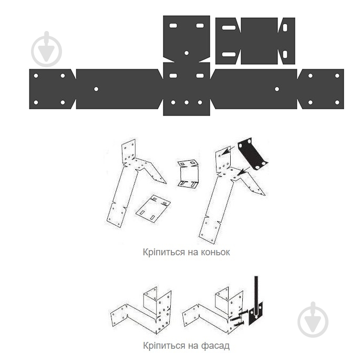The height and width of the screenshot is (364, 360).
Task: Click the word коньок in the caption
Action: [215, 252]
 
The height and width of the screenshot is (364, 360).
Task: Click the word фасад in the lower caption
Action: [215, 346]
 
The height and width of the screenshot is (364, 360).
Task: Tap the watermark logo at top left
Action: [47, 49]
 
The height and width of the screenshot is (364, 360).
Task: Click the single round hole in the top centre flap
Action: [187, 53]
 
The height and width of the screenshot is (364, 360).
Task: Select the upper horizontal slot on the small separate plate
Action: [229, 28]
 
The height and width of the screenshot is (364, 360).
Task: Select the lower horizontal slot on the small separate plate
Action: [229, 55]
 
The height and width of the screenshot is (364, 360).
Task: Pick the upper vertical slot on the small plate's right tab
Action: [285, 28]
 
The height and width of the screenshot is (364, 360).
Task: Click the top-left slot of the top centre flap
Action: [173, 26]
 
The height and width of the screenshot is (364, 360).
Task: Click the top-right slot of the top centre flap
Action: [200, 26]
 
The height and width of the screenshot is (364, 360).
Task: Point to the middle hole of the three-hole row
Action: [187, 102]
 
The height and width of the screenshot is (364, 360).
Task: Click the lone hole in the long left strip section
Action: [96, 89]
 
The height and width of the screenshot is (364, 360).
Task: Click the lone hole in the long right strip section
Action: [277, 89]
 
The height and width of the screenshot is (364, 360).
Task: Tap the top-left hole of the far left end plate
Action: [36, 76]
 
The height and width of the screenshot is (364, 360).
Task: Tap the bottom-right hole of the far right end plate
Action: [337, 102]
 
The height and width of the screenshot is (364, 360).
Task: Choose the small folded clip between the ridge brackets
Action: [188, 174]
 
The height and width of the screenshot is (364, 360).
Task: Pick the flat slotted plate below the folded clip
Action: [153, 209]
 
